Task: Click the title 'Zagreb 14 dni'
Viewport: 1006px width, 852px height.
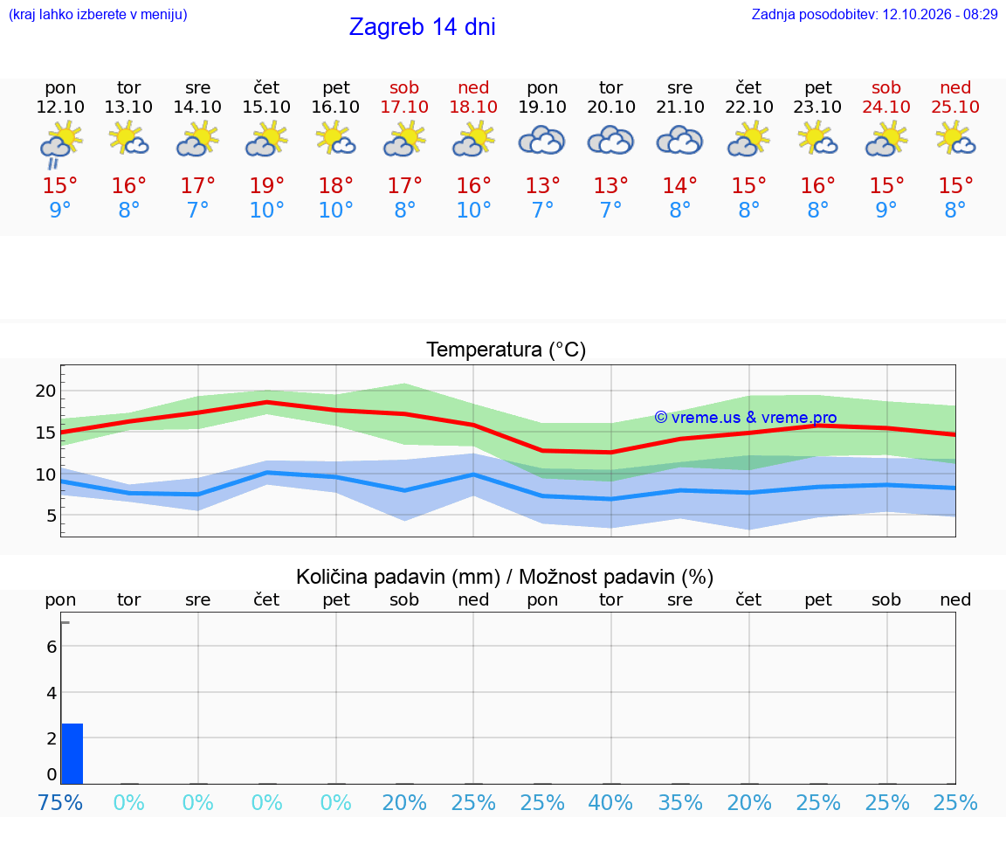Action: click(422, 27)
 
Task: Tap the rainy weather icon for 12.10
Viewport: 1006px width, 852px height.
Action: click(60, 145)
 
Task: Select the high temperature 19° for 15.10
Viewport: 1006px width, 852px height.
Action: click(266, 185)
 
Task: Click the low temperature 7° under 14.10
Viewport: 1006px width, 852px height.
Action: click(197, 210)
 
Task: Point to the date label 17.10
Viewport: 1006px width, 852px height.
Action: click(404, 107)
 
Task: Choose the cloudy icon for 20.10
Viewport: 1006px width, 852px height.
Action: click(610, 141)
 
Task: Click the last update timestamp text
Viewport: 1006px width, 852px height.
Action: click(874, 14)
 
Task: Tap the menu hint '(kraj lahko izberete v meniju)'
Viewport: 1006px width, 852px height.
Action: click(98, 14)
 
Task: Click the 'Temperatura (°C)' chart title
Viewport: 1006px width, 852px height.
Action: click(506, 350)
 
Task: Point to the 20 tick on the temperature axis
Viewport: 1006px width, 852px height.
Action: click(45, 391)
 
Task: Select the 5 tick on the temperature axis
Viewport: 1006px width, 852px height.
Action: click(52, 516)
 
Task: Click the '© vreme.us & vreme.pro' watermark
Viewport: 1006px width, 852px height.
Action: click(746, 418)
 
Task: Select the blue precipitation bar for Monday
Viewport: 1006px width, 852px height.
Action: click(72, 754)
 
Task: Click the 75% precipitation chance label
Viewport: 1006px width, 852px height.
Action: click(60, 803)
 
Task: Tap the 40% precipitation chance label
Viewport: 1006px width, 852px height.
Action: click(610, 803)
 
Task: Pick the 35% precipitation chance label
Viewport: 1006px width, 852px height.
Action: click(680, 803)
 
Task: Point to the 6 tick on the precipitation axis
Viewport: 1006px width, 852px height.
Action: click(52, 647)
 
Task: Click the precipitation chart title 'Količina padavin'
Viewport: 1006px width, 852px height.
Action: click(398, 578)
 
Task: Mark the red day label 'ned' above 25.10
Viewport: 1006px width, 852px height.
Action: click(955, 87)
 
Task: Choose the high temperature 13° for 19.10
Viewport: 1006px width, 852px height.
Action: click(542, 185)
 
